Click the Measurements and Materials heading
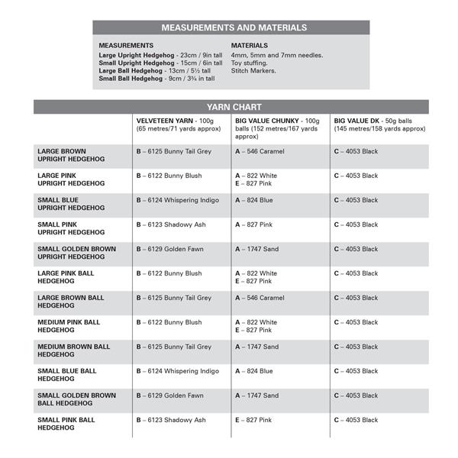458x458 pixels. (x=234, y=27)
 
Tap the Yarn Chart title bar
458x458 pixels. (x=231, y=108)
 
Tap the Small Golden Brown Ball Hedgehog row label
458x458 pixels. (x=76, y=399)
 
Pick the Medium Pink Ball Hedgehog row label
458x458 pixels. (x=73, y=326)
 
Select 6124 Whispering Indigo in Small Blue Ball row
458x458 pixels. (x=178, y=371)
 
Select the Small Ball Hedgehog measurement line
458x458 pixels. (x=156, y=78)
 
